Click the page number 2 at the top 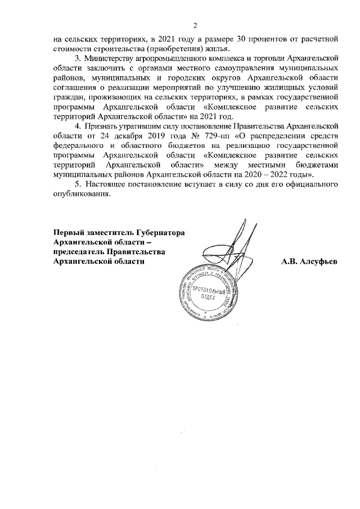click(195, 25)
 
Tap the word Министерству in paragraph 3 click(108, 58)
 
